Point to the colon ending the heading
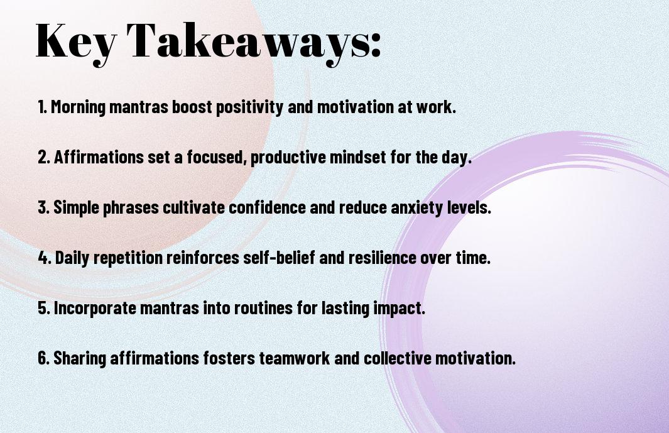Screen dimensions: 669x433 point(376,45)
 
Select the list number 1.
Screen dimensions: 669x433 point(42,107)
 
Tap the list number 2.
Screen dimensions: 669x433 point(43,157)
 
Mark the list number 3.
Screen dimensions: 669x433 point(43,207)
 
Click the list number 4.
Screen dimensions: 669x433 point(45,258)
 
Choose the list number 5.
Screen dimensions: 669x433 point(43,307)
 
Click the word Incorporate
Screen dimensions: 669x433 point(95,308)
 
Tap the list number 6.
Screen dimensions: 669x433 point(43,358)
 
